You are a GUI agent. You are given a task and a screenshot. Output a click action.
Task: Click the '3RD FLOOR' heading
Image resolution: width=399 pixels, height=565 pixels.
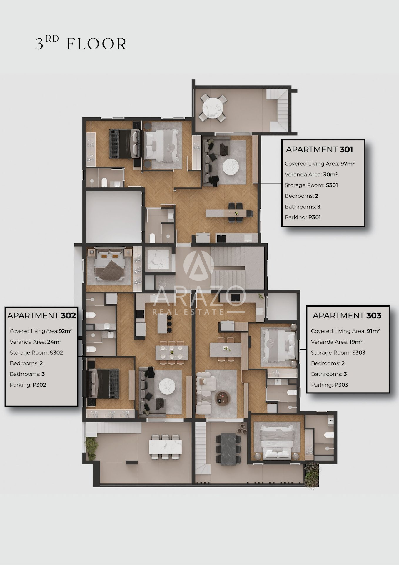[x=81, y=43]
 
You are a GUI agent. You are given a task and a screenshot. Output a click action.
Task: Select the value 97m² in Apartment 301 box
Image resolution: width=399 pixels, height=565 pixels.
[x=348, y=164]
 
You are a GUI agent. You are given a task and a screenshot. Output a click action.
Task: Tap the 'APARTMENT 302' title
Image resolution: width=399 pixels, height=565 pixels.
[x=41, y=315]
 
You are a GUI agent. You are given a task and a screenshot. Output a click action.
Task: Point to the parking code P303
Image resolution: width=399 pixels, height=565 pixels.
[x=341, y=385]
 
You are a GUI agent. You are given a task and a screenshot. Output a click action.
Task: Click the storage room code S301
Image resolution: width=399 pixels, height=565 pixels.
[x=332, y=185]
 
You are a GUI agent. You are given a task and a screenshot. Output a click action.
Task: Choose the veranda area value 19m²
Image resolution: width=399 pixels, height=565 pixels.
[x=356, y=342]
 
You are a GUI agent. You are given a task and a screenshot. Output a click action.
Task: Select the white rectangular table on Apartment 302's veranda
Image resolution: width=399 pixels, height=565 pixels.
[x=165, y=447]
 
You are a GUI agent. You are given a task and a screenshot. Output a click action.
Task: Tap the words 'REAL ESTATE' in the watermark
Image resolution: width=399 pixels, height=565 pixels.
[x=188, y=312]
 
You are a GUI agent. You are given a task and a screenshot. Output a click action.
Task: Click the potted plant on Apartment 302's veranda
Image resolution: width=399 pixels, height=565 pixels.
[x=91, y=448]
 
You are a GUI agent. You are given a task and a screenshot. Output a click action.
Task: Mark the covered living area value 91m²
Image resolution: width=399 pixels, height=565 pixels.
[x=373, y=331]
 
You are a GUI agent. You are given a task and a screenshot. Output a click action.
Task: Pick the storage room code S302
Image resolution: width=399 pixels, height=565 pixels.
[x=56, y=353]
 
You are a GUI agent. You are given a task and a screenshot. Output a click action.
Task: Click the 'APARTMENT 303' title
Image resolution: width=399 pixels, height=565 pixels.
[x=347, y=315]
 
